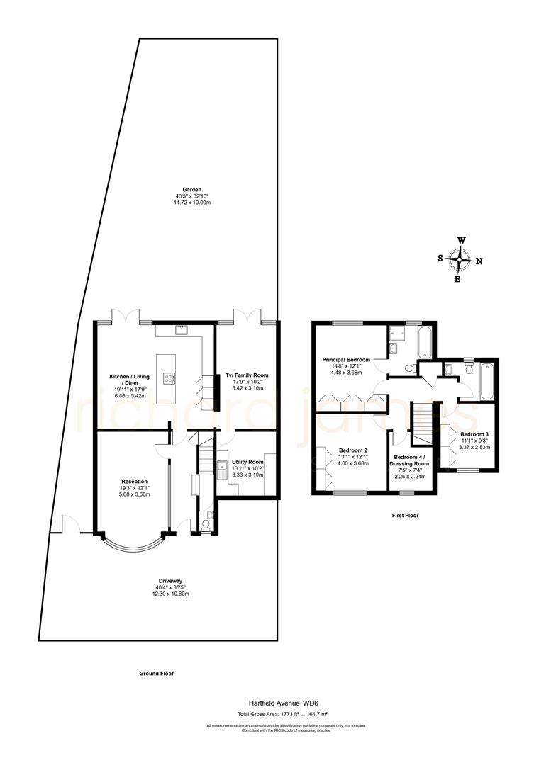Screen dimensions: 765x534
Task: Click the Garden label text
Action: [x=192, y=190]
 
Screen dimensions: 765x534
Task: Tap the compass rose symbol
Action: [x=460, y=260]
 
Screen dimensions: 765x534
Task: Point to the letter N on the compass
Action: [x=479, y=261]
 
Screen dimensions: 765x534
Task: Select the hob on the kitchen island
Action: [x=169, y=378]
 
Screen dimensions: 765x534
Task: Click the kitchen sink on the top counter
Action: [x=182, y=329]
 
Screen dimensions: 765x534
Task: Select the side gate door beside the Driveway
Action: [x=70, y=523]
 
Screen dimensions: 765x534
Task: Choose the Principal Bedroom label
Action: [x=347, y=359]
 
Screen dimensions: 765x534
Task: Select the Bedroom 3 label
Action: [x=474, y=433]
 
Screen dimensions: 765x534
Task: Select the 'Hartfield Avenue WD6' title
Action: [x=267, y=703]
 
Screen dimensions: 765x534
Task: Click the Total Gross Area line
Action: [x=267, y=714]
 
